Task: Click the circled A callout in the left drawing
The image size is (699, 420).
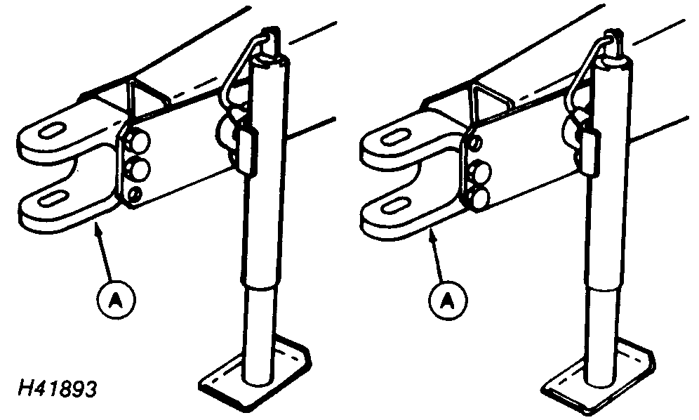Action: (116, 299)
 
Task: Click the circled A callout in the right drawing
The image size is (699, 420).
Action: (448, 299)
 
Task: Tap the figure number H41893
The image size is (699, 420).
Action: (58, 389)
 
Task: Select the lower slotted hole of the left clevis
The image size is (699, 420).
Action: (52, 198)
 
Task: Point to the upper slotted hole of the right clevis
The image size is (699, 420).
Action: (395, 136)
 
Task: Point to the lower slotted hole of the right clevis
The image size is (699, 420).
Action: (395, 206)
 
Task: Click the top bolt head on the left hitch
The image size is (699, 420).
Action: (138, 141)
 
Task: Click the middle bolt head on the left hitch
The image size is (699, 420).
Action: (139, 169)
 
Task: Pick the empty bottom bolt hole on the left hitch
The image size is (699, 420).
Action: (134, 194)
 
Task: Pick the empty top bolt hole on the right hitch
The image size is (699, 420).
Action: (475, 143)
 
